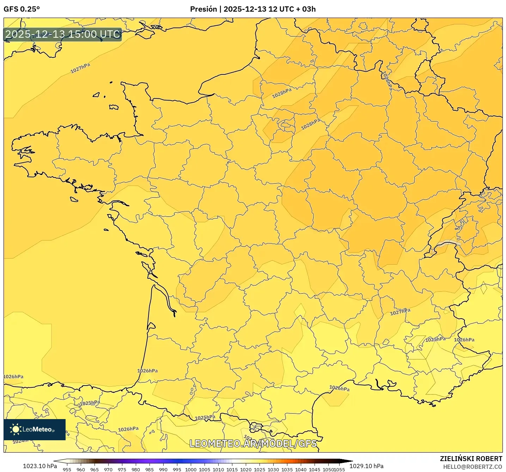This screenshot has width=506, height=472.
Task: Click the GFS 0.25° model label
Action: pos(22,9)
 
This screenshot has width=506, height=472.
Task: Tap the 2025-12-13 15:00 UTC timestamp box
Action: pos(63,34)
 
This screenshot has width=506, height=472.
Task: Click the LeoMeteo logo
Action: pos(35,429)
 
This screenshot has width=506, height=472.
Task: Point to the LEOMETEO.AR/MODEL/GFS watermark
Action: pos(253,443)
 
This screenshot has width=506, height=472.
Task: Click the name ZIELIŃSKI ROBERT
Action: pos(471,459)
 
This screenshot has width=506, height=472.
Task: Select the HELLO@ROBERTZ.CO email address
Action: pos(473,467)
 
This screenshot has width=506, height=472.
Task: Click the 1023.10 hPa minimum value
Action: pos(40,466)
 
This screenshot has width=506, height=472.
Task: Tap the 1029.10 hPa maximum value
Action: pos(366,466)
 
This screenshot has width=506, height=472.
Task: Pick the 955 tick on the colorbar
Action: pos(67,470)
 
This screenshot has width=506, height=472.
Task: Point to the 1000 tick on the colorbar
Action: pos(191,470)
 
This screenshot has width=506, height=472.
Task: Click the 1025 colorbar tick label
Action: pos(260,470)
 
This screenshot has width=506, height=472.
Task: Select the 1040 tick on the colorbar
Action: pos(301,470)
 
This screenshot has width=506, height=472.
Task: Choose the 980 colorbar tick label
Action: pos(136,470)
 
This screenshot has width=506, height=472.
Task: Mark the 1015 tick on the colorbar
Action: pos(232,470)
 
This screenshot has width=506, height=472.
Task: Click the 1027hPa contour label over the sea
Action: pos(80,68)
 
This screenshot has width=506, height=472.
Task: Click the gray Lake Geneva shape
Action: pos(448,243)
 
